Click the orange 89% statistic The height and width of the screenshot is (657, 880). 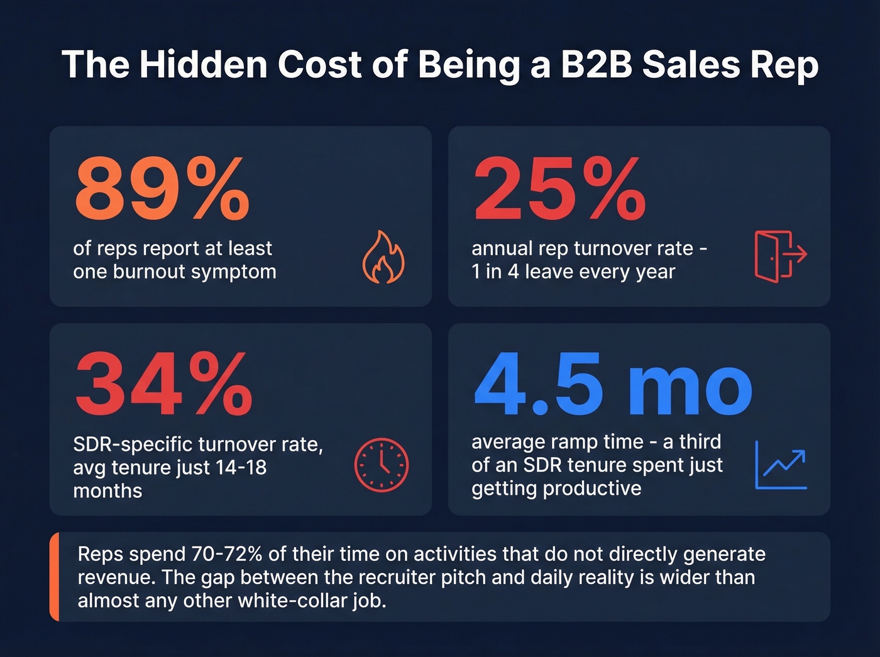162,188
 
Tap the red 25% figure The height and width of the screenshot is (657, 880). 559,188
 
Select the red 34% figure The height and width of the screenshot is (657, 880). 163,384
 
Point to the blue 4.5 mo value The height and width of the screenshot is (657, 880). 613,384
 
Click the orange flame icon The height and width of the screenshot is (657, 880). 383,257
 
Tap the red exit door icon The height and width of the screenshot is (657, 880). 780,256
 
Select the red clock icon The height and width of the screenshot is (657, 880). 382,465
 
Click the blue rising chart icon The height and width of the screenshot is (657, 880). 781,465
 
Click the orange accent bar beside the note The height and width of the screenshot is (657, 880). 54,577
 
